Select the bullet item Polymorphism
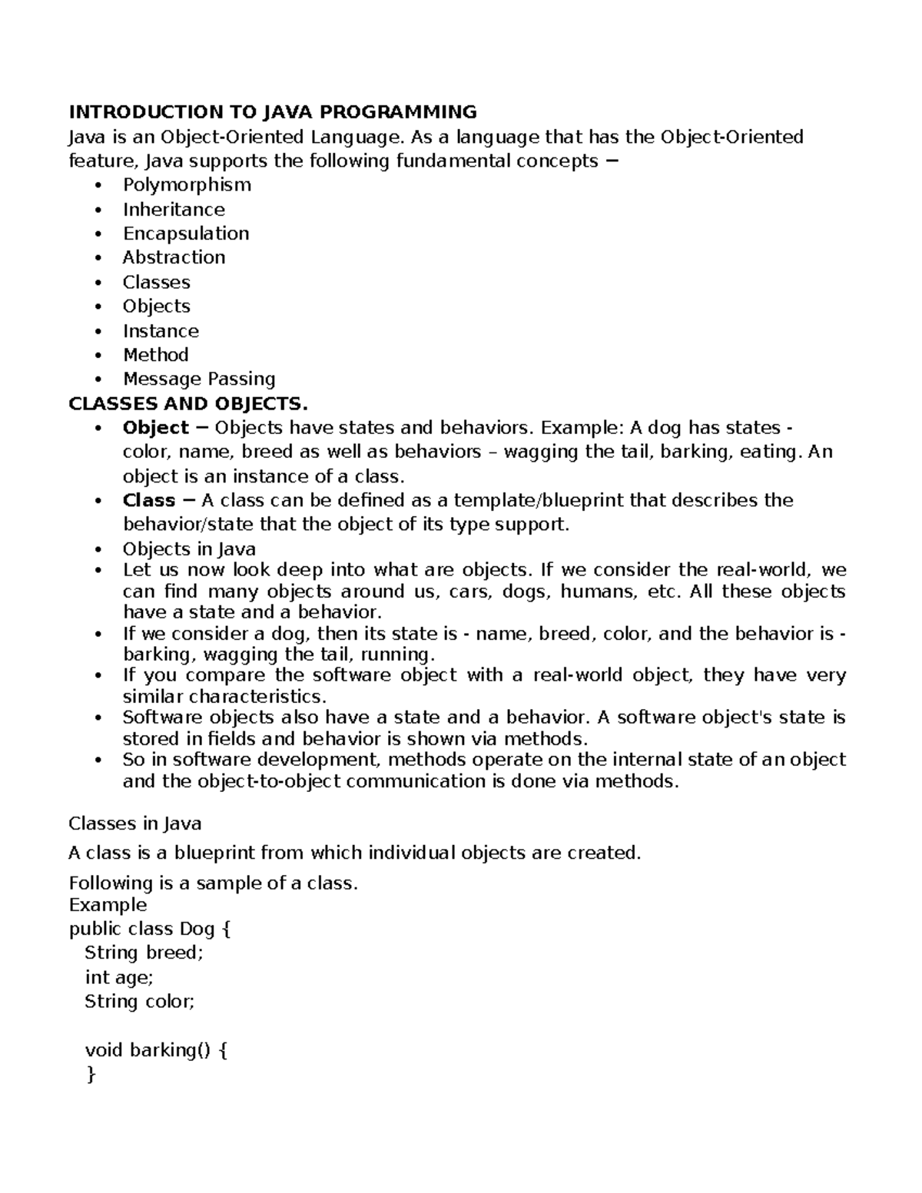[x=187, y=185]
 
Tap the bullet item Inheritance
[x=174, y=210]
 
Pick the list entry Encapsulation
[x=186, y=234]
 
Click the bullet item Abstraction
[x=174, y=257]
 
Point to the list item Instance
[x=161, y=331]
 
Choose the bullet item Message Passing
[x=199, y=379]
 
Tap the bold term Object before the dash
[x=155, y=428]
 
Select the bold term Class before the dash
[x=149, y=501]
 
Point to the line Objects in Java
[x=189, y=549]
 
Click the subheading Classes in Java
[x=135, y=824]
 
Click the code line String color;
[x=140, y=1002]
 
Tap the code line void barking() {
[x=156, y=1050]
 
